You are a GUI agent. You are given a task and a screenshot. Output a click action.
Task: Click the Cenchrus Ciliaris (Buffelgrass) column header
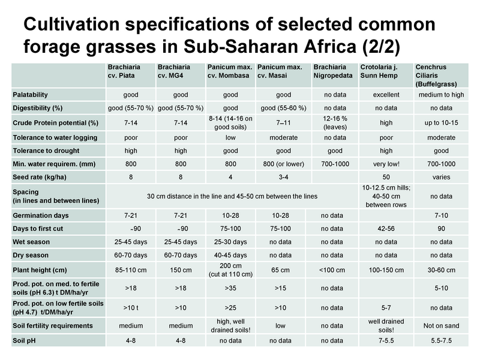click(436, 76)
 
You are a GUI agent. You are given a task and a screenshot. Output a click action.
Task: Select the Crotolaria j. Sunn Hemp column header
click(379, 71)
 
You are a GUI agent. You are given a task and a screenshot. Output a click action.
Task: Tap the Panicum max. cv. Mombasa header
click(230, 71)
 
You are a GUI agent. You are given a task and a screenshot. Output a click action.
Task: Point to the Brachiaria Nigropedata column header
click(333, 71)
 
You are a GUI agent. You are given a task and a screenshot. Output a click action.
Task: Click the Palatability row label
click(31, 95)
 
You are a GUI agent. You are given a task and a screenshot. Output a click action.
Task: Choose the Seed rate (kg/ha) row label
click(40, 177)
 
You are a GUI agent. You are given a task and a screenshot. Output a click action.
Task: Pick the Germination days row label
click(41, 215)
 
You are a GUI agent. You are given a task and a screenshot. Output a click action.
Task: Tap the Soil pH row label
click(24, 341)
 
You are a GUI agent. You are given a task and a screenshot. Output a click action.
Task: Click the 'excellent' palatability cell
click(386, 95)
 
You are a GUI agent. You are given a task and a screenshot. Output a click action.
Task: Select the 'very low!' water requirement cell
click(386, 164)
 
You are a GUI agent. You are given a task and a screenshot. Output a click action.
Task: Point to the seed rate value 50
click(386, 177)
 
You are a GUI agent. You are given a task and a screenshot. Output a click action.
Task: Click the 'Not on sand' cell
click(441, 326)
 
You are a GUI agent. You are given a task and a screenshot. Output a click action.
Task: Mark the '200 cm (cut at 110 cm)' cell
click(230, 270)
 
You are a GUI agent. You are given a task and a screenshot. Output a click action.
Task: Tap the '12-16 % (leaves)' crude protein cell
click(335, 123)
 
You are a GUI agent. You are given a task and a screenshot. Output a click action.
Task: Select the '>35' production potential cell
click(230, 289)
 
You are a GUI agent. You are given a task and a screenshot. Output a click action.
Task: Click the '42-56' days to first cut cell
click(386, 229)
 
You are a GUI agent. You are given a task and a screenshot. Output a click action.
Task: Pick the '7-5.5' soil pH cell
click(386, 341)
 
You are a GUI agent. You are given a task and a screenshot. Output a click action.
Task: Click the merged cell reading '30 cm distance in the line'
click(232, 197)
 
